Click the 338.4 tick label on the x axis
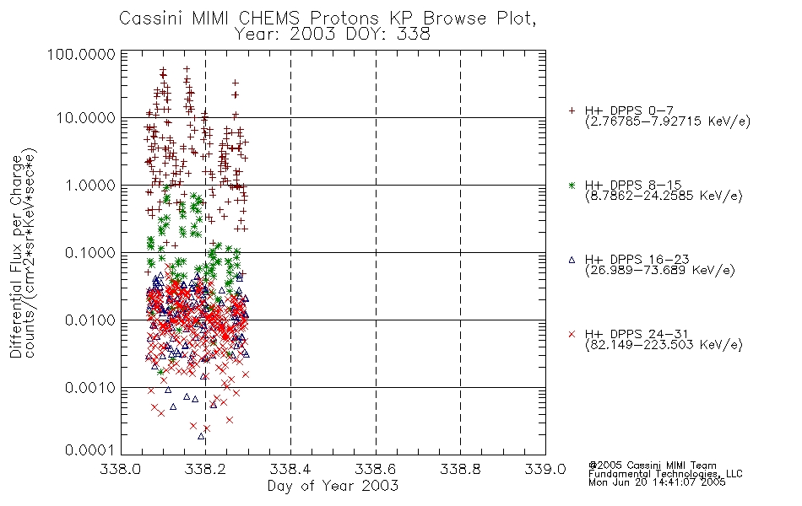tap(290, 469)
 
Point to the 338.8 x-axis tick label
tap(460, 469)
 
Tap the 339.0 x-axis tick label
tap(545, 469)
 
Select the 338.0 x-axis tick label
tap(121, 469)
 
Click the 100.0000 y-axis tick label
tap(81, 54)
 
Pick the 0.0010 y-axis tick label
tap(90, 388)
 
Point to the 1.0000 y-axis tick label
tap(90, 186)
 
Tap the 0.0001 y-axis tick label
tap(90, 450)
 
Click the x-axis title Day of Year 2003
tap(333, 486)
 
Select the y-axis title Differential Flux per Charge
tap(16, 256)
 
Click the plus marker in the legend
tap(572, 110)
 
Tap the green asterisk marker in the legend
tap(572, 185)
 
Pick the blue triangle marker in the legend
tap(572, 260)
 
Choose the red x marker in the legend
tap(572, 334)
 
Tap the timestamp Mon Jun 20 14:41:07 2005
tap(657, 482)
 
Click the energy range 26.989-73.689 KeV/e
tap(660, 270)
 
